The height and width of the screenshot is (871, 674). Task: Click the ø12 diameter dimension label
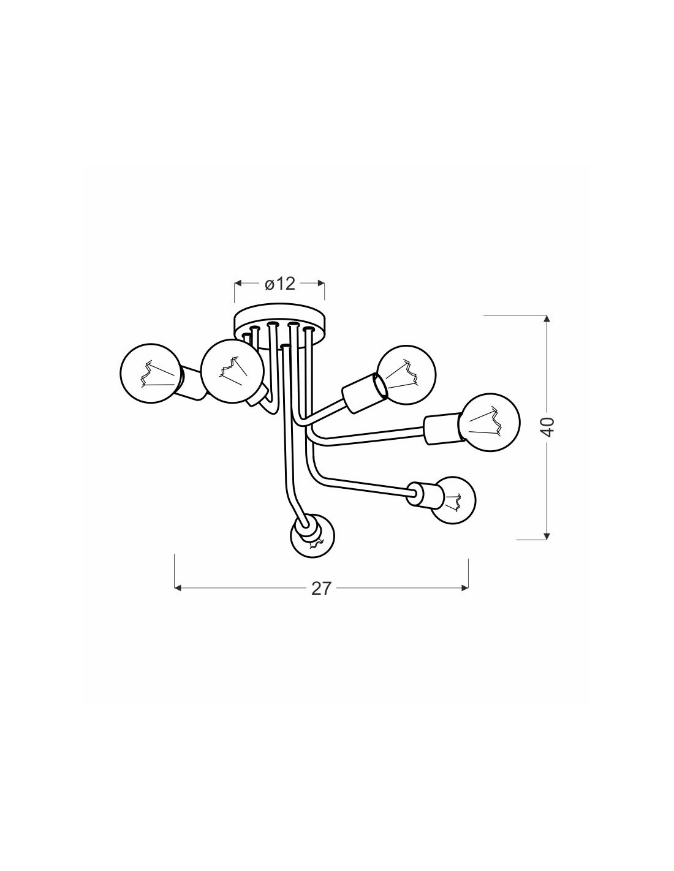(280, 284)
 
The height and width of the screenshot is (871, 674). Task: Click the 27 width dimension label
(321, 588)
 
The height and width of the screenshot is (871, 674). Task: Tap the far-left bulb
(150, 373)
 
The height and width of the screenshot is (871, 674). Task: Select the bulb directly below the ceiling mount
(232, 370)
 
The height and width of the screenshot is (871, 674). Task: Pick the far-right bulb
(491, 422)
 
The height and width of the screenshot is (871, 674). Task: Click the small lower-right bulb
(454, 500)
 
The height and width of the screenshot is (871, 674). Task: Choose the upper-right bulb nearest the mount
(406, 374)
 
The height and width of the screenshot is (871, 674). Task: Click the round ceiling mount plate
(280, 326)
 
